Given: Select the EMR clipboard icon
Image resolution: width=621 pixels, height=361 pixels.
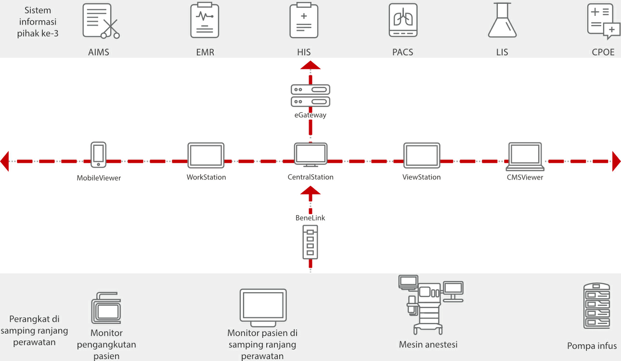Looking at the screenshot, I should click(x=205, y=20).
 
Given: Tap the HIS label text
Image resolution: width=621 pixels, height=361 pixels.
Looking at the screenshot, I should click(x=304, y=52).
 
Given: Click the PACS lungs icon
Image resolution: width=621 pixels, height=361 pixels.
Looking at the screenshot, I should click(x=403, y=21).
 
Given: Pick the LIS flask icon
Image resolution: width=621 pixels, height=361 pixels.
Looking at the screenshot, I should click(x=502, y=20).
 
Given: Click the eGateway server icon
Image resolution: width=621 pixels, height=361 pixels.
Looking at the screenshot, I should click(x=310, y=95).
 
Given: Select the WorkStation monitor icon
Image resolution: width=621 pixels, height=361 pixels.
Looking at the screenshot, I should click(x=206, y=155).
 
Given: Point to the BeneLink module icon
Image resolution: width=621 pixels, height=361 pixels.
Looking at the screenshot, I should click(x=310, y=243).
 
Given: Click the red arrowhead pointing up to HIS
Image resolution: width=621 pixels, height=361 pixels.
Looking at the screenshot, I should click(x=310, y=66).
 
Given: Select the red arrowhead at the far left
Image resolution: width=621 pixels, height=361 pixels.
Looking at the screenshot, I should click(x=5, y=161).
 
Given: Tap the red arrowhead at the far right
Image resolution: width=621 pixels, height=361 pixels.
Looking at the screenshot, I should click(x=616, y=161).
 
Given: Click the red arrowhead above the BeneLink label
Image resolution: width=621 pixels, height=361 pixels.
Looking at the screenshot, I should click(x=310, y=191).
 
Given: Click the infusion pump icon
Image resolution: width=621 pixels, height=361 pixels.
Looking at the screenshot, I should click(x=596, y=306).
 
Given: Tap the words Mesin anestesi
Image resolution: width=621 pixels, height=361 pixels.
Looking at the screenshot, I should click(x=428, y=345).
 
